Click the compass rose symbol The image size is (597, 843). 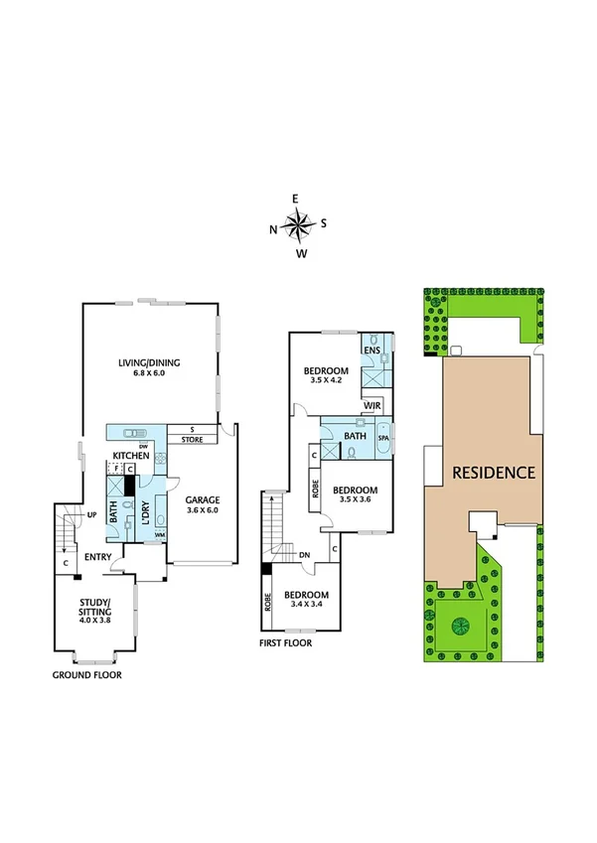click(x=298, y=226)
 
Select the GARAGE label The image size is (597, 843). click(x=202, y=499)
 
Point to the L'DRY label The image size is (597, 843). click(x=145, y=502)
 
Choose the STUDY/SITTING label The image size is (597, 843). click(x=96, y=608)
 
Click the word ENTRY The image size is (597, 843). click(x=97, y=556)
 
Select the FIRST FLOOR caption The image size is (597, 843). click(x=284, y=643)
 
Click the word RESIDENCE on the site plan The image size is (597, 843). click(x=495, y=472)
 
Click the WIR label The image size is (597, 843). click(x=373, y=405)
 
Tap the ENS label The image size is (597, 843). click(x=372, y=351)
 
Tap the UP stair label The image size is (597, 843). click(x=91, y=515)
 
